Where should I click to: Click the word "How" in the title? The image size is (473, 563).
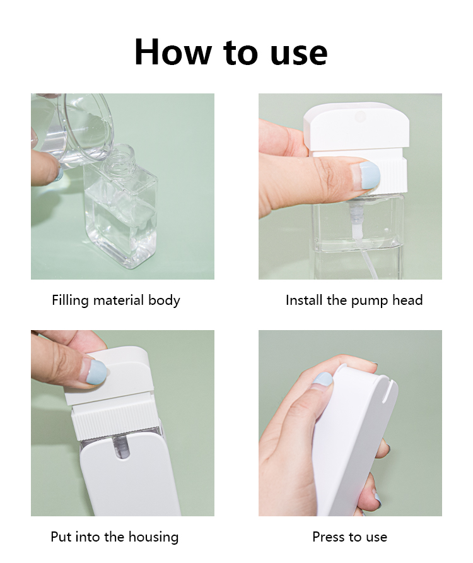click(x=173, y=52)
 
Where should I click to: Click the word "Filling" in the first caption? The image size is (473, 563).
click(x=70, y=300)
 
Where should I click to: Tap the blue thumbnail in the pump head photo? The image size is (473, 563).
click(x=368, y=175)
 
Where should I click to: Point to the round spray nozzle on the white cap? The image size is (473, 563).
click(x=359, y=116)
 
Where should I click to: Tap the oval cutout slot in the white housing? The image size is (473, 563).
click(x=122, y=447)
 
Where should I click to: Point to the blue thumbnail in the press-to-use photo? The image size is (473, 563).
click(x=323, y=379)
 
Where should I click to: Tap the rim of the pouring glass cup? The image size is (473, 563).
click(x=87, y=127)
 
